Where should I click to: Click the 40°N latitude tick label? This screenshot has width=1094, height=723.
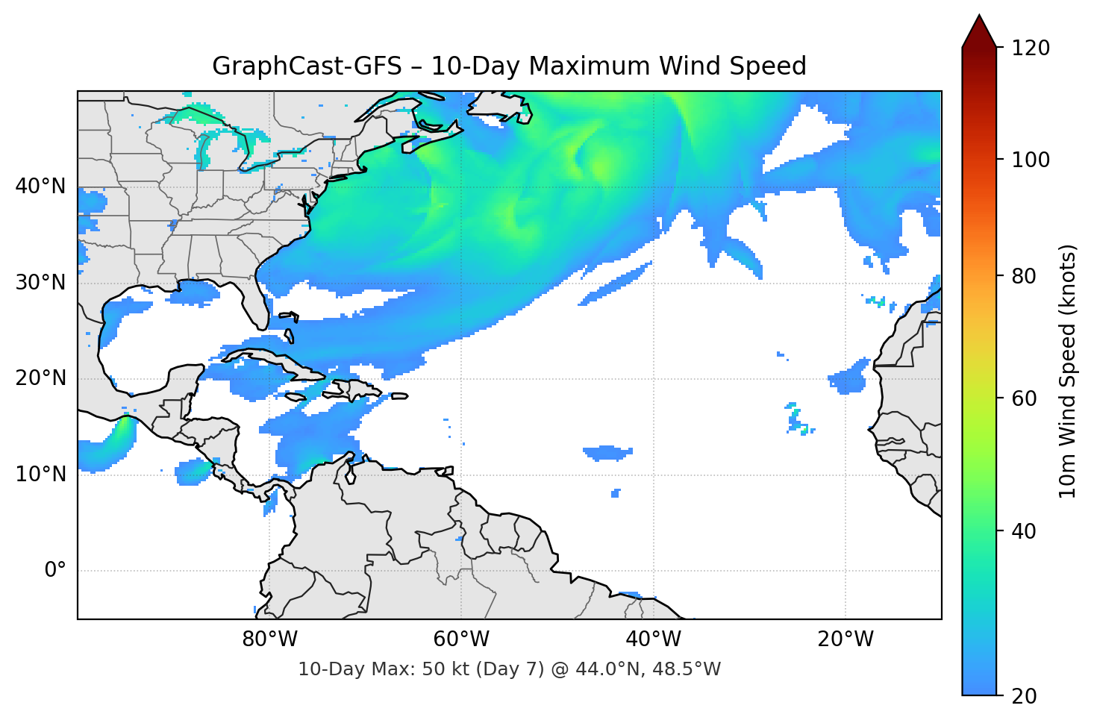pos(40,187)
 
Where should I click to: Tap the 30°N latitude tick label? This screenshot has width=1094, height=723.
pos(40,283)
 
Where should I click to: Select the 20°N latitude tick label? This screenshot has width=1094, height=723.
pos(40,378)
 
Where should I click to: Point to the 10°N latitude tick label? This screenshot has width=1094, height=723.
pos(40,475)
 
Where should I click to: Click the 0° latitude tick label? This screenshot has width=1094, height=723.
pos(55,571)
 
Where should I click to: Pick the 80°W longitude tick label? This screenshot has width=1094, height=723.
pos(270,639)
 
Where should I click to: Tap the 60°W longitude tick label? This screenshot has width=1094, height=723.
pos(462,639)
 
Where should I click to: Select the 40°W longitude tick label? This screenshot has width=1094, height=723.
pos(654,639)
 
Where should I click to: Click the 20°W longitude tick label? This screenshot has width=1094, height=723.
pos(845,639)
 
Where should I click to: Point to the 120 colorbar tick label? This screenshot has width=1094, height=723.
pos(1031,48)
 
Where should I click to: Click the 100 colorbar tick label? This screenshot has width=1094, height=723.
pos(1031,160)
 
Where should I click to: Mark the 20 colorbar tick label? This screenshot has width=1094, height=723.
pos(1024,696)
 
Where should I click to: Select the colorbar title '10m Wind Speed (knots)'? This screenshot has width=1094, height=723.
pos(1068,371)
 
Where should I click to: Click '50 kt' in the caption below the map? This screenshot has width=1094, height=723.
pos(440,669)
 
